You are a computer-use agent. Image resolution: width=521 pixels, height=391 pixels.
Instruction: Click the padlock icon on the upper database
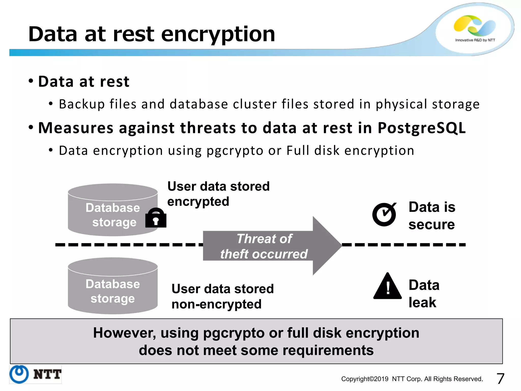coord(156,218)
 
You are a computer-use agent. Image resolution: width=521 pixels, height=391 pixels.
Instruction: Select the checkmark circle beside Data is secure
coord(384,214)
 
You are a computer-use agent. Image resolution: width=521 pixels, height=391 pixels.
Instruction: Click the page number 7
coord(500,379)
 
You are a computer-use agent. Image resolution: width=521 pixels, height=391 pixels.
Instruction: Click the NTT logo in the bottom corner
coord(35,374)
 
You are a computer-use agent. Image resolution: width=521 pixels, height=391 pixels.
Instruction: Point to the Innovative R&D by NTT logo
coord(475,28)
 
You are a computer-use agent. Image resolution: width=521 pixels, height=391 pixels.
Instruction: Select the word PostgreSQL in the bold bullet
coord(422,128)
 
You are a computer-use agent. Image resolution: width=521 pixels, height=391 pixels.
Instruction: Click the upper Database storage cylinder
coord(113,210)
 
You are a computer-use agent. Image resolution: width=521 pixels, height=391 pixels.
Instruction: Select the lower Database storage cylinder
coord(113,286)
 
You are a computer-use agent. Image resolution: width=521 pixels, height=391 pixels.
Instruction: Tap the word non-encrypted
coord(216,304)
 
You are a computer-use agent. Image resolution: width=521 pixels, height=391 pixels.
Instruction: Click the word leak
coord(422,303)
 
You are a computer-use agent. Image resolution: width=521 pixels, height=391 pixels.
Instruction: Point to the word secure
coord(431,225)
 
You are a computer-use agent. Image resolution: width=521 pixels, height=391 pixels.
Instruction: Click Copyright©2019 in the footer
coord(365,379)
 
